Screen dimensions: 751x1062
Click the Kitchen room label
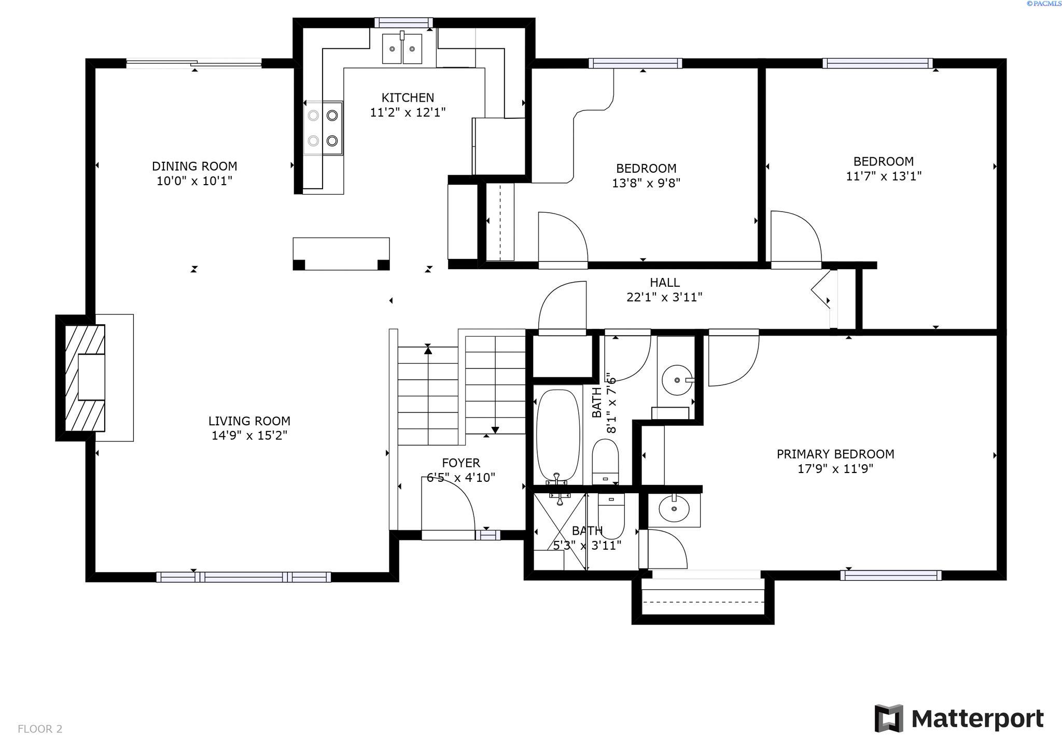[x=408, y=98]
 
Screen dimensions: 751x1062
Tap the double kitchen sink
[x=402, y=49]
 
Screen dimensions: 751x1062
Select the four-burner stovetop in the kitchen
[x=323, y=128]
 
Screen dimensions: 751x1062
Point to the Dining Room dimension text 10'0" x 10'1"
[x=194, y=181]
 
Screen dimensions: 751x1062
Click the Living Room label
[x=249, y=421]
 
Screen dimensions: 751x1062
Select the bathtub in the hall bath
[x=557, y=436]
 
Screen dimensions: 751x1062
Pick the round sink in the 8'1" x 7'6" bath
[x=677, y=380]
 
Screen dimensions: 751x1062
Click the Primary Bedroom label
[x=835, y=454]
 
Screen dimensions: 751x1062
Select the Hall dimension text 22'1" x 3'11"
[x=664, y=297]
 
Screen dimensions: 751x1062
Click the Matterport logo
[x=959, y=718]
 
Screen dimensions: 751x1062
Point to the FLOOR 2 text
[x=40, y=729]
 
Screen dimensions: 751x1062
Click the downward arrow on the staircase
[x=495, y=429]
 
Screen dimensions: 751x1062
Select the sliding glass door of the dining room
[x=194, y=63]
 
